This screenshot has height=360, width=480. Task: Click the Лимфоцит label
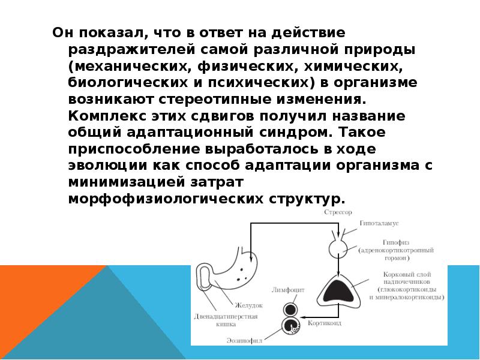point(289,290)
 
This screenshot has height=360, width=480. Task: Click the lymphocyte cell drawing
point(290,310)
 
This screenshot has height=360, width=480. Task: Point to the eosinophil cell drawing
point(290,327)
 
